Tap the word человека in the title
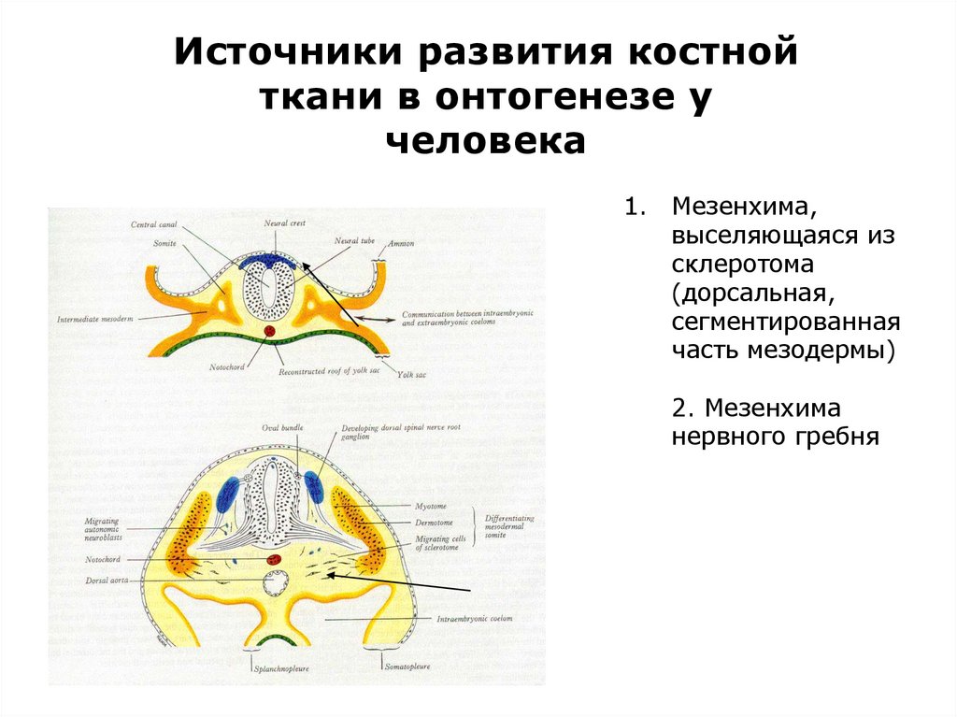tap(485, 141)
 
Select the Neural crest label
tap(284, 224)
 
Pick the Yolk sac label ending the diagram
tap(410, 374)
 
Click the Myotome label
tap(436, 504)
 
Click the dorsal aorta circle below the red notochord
tap(276, 584)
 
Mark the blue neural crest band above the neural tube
tap(268, 263)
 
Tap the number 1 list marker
tap(631, 205)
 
